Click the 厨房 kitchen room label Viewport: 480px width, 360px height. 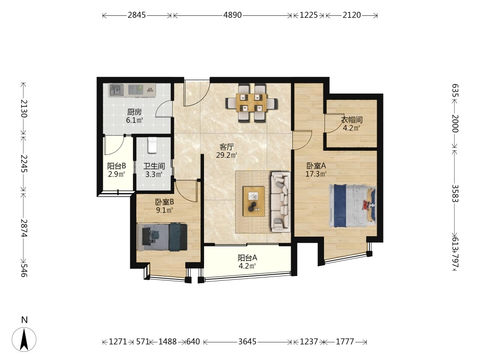[x=134, y=112]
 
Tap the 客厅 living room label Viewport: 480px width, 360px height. [x=227, y=147]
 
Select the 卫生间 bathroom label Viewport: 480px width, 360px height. [x=154, y=166]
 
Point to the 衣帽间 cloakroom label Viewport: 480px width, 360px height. [x=352, y=120]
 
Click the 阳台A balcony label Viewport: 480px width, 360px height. [x=247, y=258]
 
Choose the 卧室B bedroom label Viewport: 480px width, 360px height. [x=165, y=202]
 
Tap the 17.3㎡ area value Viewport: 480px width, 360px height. [x=316, y=174]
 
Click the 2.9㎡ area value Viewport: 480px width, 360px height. [x=116, y=175]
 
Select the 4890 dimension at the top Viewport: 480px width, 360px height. [x=232, y=15]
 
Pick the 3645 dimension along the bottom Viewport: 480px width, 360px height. [x=247, y=341]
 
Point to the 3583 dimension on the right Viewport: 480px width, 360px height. [x=455, y=193]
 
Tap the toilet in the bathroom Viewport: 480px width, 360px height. [x=152, y=145]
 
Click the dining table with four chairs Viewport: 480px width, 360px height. [x=252, y=103]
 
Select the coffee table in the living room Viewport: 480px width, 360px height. [x=254, y=202]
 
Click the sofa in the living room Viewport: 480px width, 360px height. [x=281, y=202]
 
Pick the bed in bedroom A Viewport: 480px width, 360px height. [x=352, y=206]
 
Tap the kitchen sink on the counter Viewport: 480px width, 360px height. [x=116, y=90]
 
